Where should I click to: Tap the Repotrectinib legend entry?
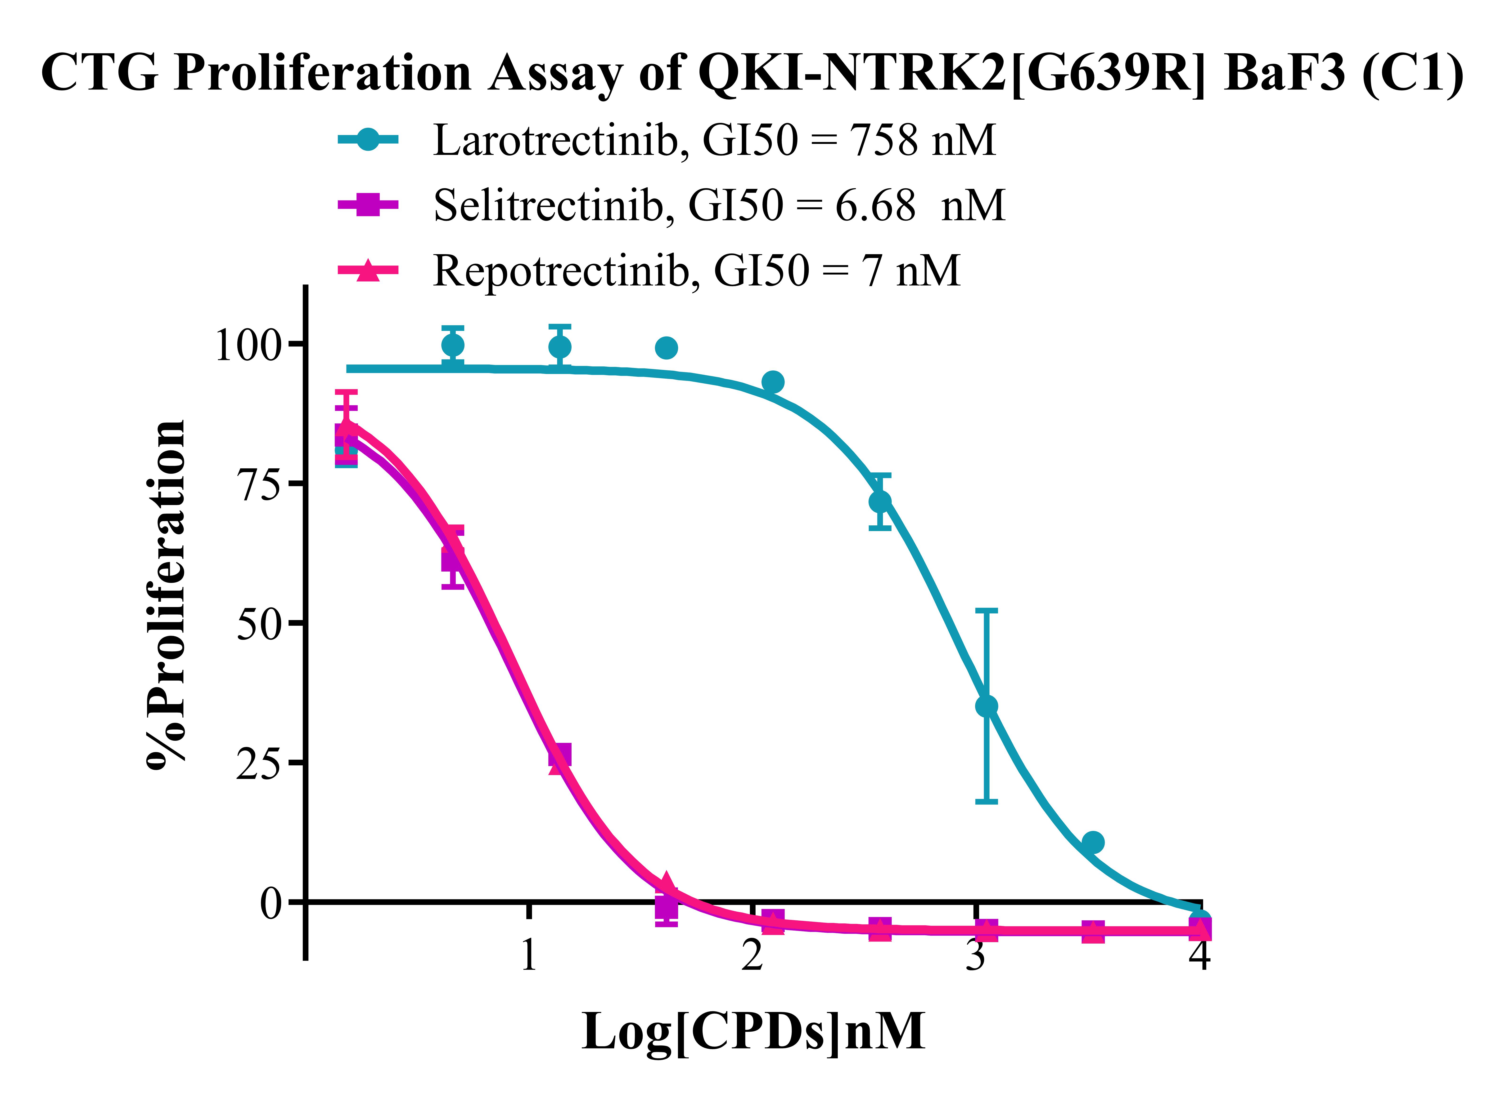coord(649,270)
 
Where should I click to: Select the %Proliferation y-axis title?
coord(165,595)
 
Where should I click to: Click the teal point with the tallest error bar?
coord(987,706)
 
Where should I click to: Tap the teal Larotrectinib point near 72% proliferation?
coord(880,501)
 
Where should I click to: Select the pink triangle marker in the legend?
coord(368,270)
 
